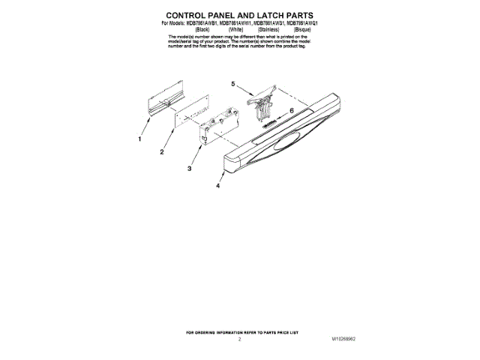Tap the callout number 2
(x=162, y=152)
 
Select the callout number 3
(x=190, y=169)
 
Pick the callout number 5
(x=233, y=84)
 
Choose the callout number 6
(x=291, y=109)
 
